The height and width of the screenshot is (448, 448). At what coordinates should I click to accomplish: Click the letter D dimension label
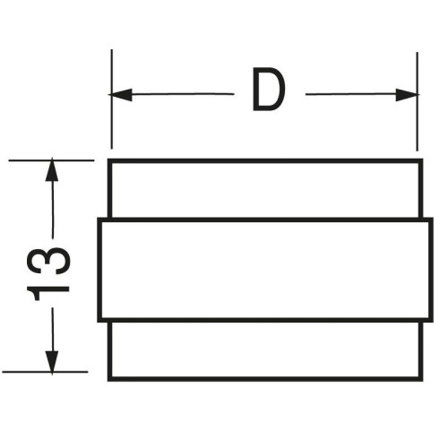tap(269, 89)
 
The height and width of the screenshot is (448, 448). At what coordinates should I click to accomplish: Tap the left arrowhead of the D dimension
tap(120, 95)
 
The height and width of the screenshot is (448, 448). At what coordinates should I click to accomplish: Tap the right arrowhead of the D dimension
tap(408, 95)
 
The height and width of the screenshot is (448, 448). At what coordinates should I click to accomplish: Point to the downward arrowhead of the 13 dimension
tap(52, 362)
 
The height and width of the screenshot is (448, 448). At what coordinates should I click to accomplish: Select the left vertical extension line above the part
tap(112, 99)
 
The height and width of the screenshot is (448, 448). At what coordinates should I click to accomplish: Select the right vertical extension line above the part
tap(418, 101)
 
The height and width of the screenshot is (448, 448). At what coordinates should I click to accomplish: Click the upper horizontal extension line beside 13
tap(51, 160)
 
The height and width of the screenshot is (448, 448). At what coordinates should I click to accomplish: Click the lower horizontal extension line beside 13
tap(45, 372)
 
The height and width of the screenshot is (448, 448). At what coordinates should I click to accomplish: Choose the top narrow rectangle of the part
tap(265, 189)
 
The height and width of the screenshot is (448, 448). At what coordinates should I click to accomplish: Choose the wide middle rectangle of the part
tap(265, 271)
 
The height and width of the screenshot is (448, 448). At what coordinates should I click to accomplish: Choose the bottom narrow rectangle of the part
tap(265, 351)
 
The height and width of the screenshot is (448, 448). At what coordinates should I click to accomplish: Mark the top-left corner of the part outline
tap(108, 159)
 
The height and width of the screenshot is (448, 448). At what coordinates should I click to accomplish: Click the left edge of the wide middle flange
tap(99, 271)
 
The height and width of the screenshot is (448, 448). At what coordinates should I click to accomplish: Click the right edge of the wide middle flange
tap(431, 271)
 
